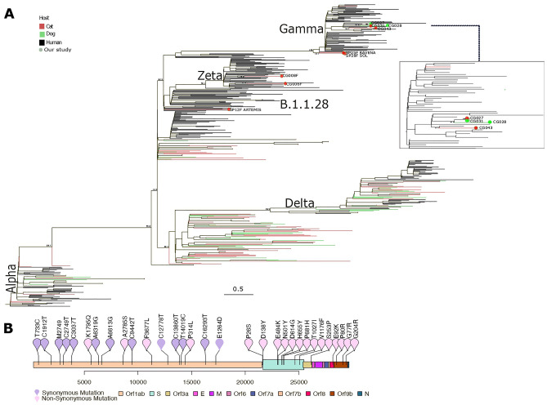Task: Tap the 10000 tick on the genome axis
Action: pos(138,379)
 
